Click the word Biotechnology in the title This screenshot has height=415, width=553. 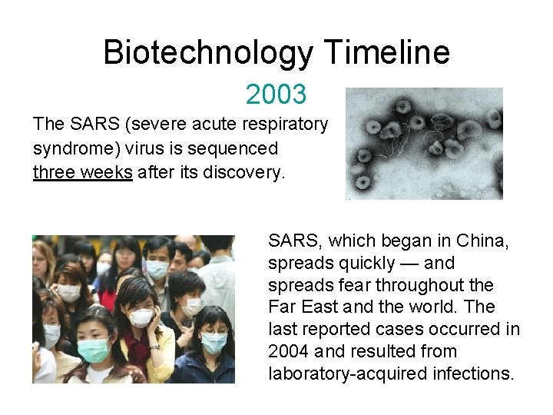click(x=208, y=53)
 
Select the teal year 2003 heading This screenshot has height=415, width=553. click(x=276, y=95)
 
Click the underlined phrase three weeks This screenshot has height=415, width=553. click(x=82, y=171)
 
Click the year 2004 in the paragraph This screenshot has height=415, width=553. click(x=287, y=352)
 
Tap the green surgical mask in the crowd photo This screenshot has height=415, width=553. click(x=94, y=350)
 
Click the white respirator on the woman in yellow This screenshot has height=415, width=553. click(x=141, y=317)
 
